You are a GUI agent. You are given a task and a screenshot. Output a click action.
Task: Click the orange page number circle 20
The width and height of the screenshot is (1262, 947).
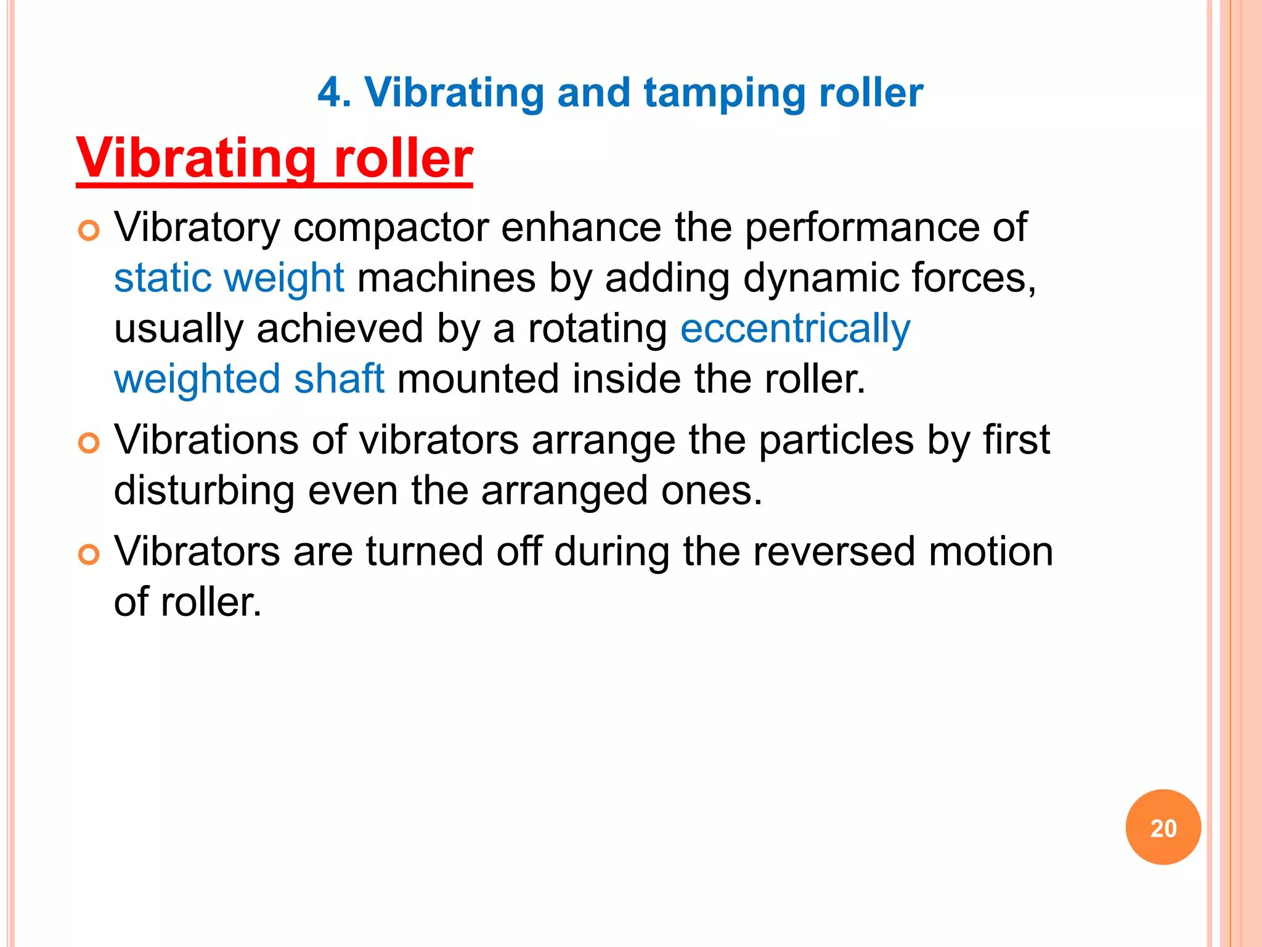tap(1163, 827)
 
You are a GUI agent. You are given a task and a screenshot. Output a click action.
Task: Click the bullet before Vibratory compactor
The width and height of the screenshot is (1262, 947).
tap(89, 231)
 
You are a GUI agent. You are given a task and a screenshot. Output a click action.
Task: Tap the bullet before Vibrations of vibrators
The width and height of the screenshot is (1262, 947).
tap(89, 443)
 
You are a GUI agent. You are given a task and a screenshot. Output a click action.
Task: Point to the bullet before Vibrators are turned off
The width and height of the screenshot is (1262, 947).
tap(89, 555)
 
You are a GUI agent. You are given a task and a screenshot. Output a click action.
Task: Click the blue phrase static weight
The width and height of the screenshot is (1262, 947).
tap(229, 278)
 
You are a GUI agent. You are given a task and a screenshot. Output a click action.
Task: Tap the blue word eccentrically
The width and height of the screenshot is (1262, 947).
tap(795, 329)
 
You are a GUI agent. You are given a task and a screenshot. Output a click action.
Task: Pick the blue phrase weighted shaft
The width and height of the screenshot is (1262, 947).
tap(250, 379)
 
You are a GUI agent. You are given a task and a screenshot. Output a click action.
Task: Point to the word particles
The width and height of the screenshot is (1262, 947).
tap(836, 441)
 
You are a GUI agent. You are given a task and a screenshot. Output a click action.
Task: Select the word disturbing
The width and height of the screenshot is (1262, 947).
tap(204, 491)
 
